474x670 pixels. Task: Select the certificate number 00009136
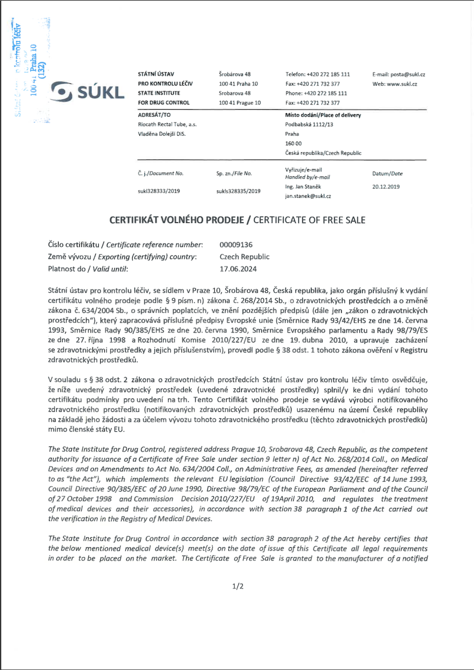pos(236,245)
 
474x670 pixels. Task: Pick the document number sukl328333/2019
pos(159,191)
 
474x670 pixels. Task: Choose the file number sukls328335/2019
pos(238,191)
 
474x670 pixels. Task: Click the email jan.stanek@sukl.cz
pos(308,196)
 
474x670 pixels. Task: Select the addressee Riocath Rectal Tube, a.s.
pos(167,124)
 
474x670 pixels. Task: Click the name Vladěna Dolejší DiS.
pos(162,134)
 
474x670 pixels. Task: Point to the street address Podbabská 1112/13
pos(309,124)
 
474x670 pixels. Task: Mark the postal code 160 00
pos(293,143)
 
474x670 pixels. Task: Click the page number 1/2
pos(238,586)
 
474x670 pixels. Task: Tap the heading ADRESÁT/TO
pos(154,115)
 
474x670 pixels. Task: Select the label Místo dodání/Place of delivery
pos(323,115)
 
